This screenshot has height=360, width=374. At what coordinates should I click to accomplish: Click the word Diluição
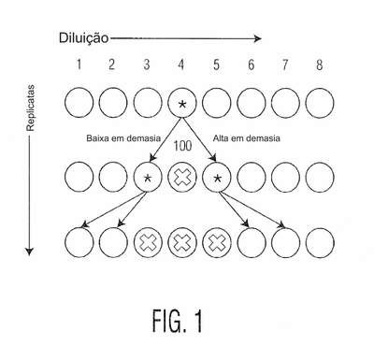pyautogui.click(x=84, y=38)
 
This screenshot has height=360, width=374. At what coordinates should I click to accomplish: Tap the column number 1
pyautogui.click(x=79, y=65)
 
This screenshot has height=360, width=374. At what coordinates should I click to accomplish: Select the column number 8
pyautogui.click(x=319, y=65)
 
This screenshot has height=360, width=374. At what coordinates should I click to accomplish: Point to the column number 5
pyautogui.click(x=216, y=65)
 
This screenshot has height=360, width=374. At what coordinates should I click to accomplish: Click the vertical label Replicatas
pyautogui.click(x=30, y=108)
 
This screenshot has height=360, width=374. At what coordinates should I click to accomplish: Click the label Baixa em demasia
pyautogui.click(x=123, y=138)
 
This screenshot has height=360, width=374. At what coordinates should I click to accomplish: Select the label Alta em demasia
pyautogui.click(x=246, y=138)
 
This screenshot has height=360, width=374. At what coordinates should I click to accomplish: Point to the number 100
pyautogui.click(x=182, y=146)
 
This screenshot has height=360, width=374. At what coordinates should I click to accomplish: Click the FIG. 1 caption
pyautogui.click(x=178, y=321)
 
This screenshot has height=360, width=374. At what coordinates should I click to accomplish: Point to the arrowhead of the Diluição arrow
pyautogui.click(x=258, y=38)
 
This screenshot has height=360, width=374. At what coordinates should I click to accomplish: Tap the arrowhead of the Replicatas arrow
pyautogui.click(x=29, y=252)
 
